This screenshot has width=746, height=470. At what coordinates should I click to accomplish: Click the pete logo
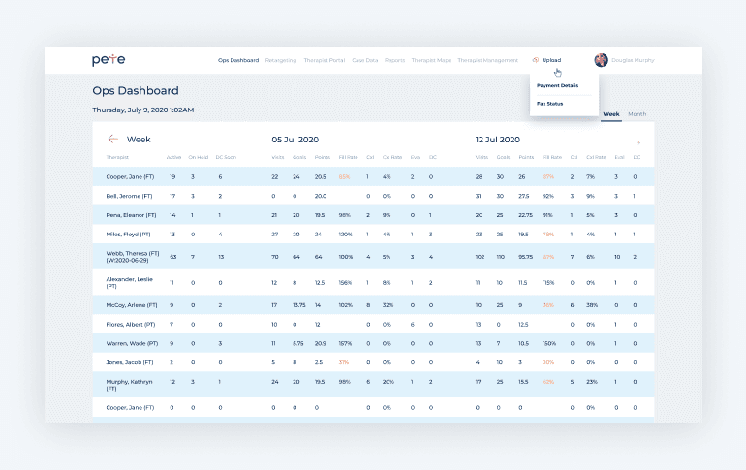[x=109, y=60]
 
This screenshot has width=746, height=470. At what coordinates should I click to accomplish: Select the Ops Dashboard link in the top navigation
[x=238, y=60]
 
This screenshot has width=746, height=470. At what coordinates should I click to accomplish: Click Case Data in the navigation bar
[x=364, y=60]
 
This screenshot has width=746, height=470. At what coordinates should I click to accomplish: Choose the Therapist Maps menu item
[x=430, y=60]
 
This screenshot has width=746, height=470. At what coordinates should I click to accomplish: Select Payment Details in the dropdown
[x=557, y=85]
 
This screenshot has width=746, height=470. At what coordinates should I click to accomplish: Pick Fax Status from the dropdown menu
[x=549, y=103]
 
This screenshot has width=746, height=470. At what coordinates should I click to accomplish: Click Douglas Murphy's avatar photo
[x=601, y=60]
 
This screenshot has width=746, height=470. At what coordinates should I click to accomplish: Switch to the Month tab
[x=637, y=114]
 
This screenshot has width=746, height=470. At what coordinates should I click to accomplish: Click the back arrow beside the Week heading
[x=113, y=139]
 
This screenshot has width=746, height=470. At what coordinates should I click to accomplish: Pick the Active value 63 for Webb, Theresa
[x=172, y=257]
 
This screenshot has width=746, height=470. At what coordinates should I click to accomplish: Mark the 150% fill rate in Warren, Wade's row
[x=548, y=342]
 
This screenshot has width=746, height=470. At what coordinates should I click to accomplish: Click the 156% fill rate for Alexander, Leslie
[x=344, y=283]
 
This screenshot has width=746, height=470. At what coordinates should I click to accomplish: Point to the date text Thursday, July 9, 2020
[x=142, y=110]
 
